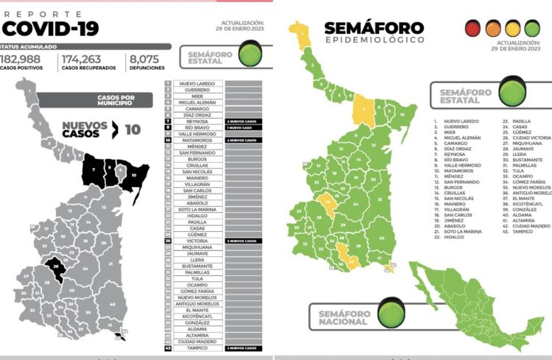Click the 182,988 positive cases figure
point(21,59)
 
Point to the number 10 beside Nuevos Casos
point(132,130)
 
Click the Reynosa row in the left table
point(194,121)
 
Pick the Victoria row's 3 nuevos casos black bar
point(241,241)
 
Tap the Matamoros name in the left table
point(194,140)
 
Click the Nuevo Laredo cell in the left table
point(194,83)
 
